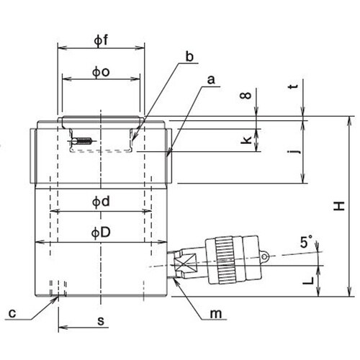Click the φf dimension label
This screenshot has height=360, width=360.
tap(101, 40)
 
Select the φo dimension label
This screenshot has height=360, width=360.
tap(101, 72)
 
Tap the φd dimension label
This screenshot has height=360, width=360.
tap(101, 202)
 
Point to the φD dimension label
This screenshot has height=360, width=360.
tap(101, 233)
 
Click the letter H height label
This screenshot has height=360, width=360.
tap(339, 206)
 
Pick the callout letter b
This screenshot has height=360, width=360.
tap(189, 57)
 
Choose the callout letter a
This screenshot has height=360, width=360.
tap(211, 80)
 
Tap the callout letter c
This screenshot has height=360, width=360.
tap(12, 313)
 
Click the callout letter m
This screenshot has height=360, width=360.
tap(216, 314)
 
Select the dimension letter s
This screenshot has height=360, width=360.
tap(101, 320)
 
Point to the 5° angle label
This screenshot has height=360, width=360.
tap(307, 241)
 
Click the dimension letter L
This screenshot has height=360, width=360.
tap(308, 280)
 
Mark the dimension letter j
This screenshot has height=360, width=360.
tap(294, 151)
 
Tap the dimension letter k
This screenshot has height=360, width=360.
tap(246, 140)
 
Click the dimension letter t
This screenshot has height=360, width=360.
tap(293, 86)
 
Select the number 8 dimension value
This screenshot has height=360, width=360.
tap(246, 96)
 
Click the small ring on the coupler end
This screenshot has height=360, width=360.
tap(264, 256)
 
